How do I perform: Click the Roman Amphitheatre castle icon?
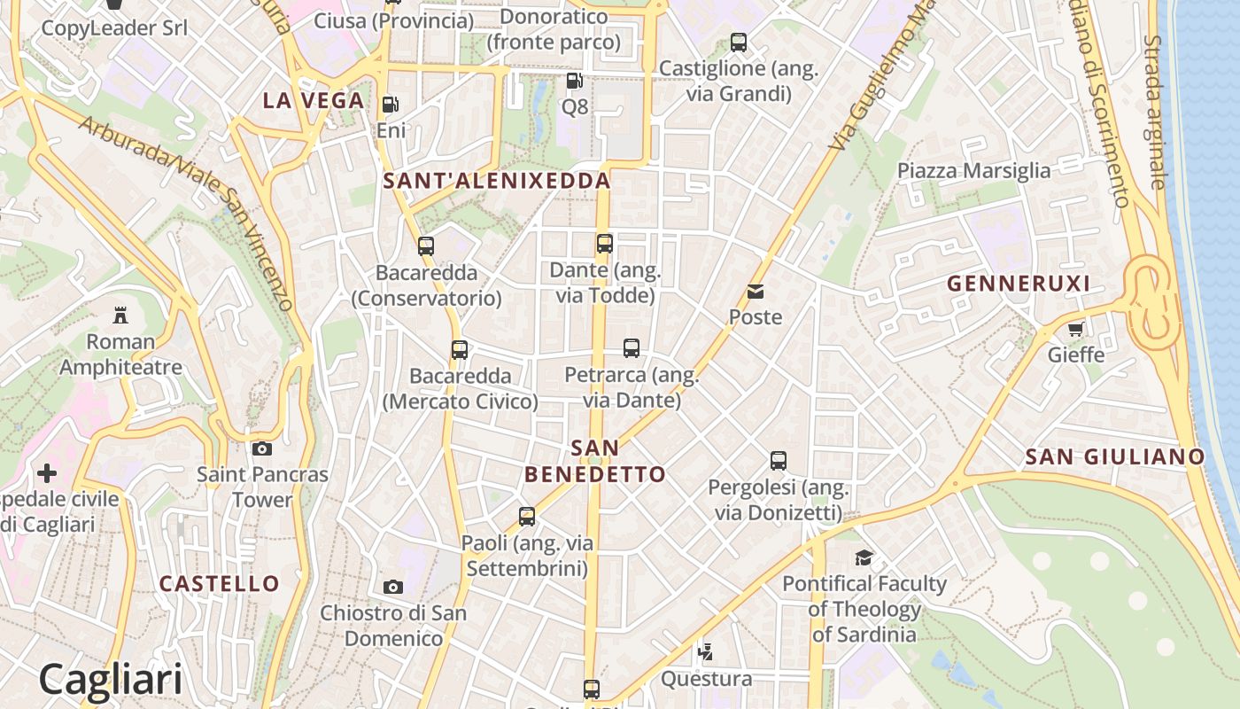tap(120, 315)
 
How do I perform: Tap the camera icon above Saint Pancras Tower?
tap(262, 448)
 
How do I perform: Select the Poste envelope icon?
tap(756, 291)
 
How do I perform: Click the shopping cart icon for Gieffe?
tap(1076, 330)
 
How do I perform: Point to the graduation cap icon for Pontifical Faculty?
tap(864, 557)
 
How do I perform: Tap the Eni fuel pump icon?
tap(390, 105)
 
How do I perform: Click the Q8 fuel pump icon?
tap(574, 81)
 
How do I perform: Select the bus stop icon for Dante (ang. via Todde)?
tap(605, 244)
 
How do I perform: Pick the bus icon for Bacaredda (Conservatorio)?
tap(426, 246)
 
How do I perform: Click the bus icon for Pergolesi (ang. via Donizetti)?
tap(779, 461)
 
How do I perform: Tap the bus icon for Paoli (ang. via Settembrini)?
tap(527, 517)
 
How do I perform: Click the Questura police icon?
tap(706, 653)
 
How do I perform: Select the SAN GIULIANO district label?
tap(1115, 457)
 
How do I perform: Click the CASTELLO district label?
tap(219, 584)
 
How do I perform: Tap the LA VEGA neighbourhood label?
tap(314, 101)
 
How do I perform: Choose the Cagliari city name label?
tap(111, 679)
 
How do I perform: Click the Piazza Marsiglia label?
tap(974, 171)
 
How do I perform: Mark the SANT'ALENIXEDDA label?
tap(497, 182)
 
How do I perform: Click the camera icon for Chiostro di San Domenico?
tap(393, 587)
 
